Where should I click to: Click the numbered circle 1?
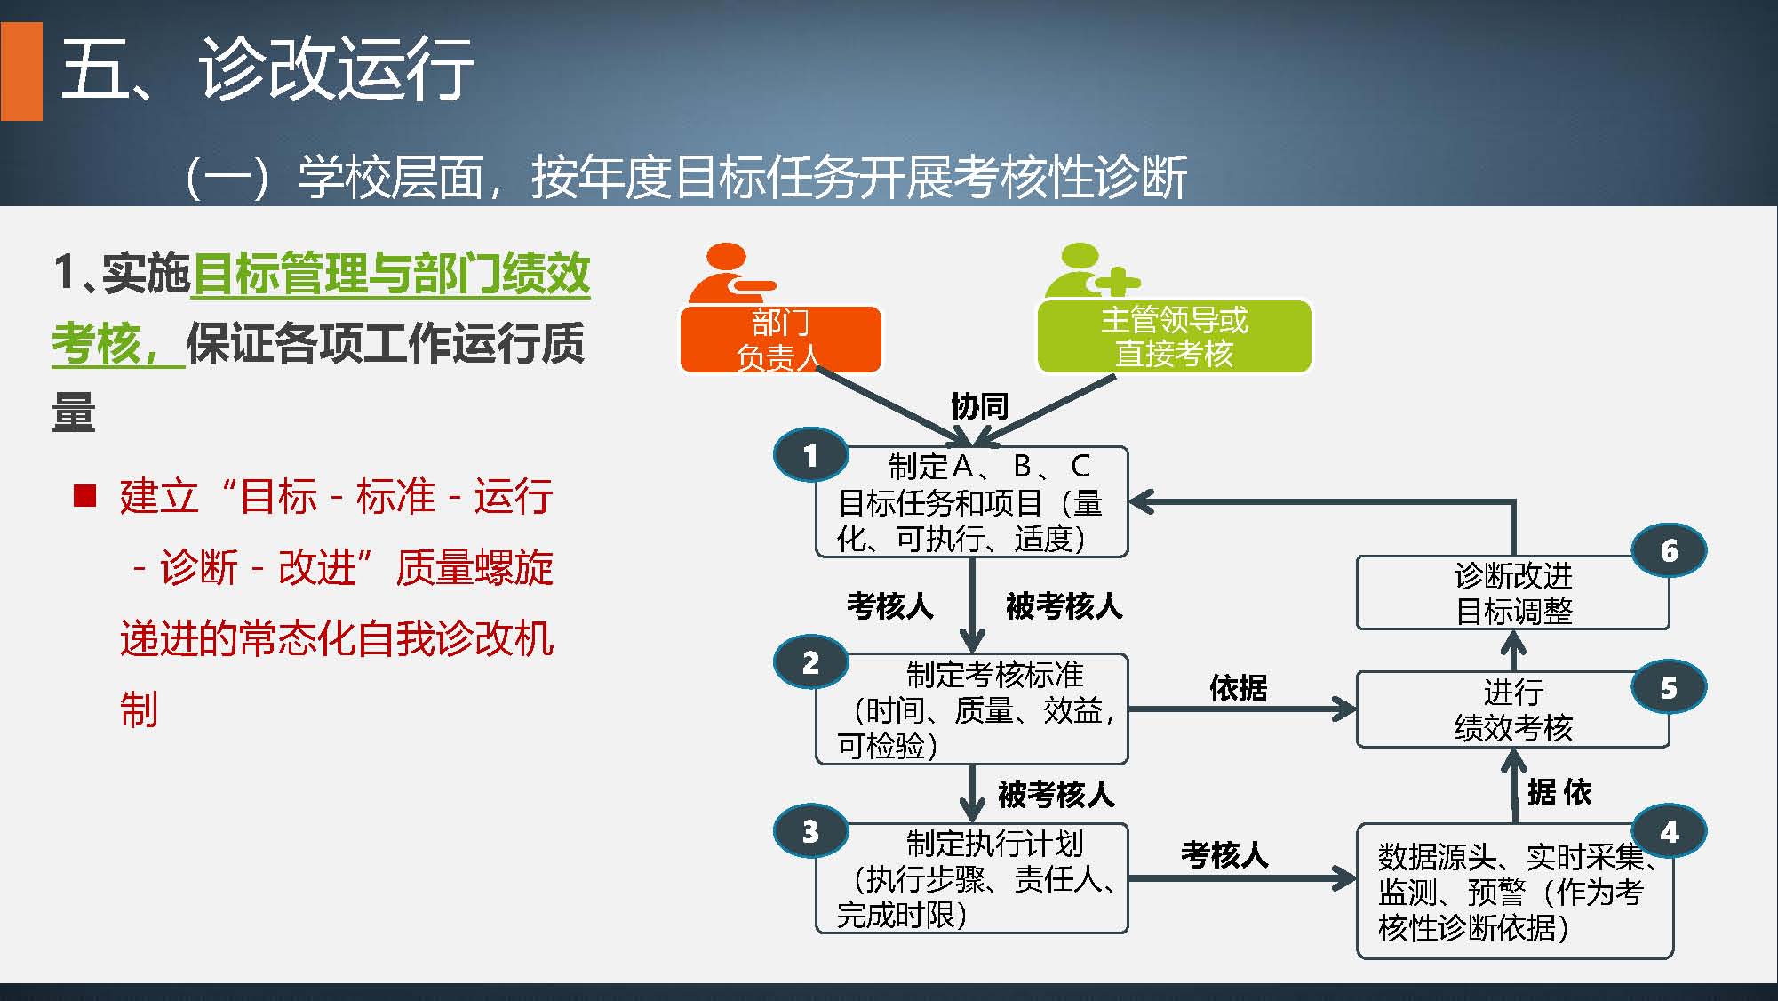[810, 455]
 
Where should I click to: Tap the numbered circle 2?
[810, 662]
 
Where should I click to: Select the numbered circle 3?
[810, 831]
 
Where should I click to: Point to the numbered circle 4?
[1669, 831]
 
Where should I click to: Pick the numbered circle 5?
[1669, 687]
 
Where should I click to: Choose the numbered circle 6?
[1669, 550]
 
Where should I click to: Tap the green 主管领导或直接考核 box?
[1174, 337]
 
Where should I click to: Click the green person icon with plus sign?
[1091, 271]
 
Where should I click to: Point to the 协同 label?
[979, 406]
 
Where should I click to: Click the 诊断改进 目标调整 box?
[1512, 593]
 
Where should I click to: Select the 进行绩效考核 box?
[1512, 709]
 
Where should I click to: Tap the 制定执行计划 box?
[972, 878]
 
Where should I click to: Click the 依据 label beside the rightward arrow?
[1238, 688]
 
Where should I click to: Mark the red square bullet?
[84, 495]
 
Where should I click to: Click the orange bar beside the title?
[21, 71]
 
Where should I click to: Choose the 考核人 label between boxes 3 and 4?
[1224, 855]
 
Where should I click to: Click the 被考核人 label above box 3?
[1056, 794]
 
